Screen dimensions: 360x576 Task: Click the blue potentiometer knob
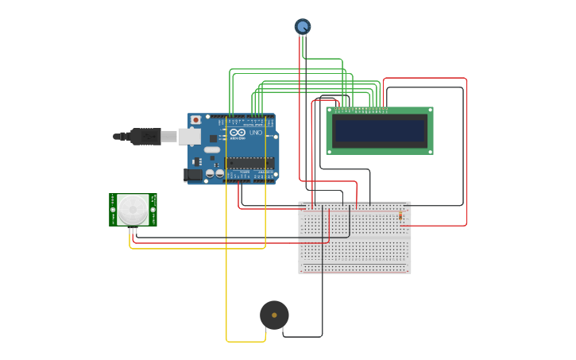coord(303,26)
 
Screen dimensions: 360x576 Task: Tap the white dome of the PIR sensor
coord(133,210)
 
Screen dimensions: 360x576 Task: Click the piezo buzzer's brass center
coord(274,315)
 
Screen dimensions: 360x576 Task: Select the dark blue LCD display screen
coord(380,130)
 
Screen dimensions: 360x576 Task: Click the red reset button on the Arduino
coord(195,120)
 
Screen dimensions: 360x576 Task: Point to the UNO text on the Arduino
coord(255,133)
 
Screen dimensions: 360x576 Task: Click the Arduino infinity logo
coord(238,133)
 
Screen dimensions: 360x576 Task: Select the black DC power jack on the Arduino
coord(193,174)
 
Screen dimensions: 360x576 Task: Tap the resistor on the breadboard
coord(400,215)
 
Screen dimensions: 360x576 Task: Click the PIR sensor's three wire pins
coord(133,230)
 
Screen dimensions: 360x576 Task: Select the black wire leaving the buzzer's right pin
coord(302,336)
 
